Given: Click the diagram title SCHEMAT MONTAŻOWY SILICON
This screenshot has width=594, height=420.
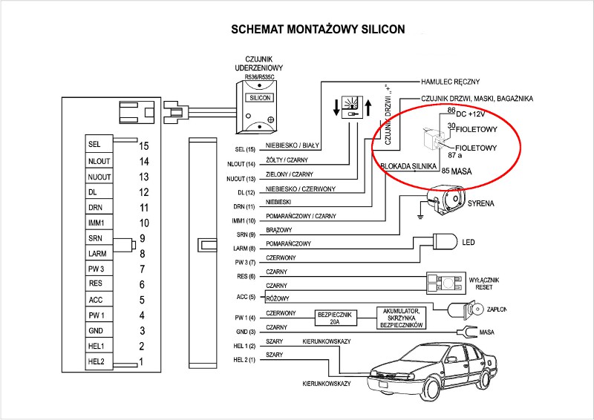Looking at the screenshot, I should pyautogui.click(x=318, y=30).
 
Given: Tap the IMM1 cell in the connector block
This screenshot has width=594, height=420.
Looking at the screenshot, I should pyautogui.click(x=99, y=223).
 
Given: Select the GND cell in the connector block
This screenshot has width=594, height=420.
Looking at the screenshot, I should pyautogui.click(x=99, y=331).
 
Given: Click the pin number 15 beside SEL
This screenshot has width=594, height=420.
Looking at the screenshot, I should pyautogui.click(x=144, y=146).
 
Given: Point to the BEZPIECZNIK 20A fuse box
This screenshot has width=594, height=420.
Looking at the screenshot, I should pyautogui.click(x=336, y=317).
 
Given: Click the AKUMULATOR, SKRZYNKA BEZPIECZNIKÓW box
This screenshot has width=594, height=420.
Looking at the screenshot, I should pyautogui.click(x=401, y=318).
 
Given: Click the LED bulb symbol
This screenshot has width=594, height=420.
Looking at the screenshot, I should pyautogui.click(x=444, y=241).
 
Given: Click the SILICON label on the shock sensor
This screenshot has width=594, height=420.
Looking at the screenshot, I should pyautogui.click(x=261, y=97).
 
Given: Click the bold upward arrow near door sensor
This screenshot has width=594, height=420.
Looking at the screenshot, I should pyautogui.click(x=368, y=107).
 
